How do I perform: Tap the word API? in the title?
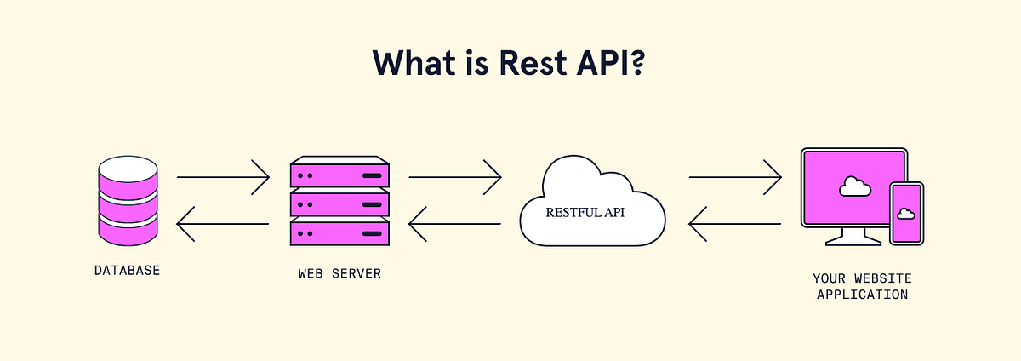(613, 64)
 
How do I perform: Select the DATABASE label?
(128, 272)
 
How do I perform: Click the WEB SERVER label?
(339, 274)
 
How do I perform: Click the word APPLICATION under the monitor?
(862, 295)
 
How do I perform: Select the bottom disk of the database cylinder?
(128, 228)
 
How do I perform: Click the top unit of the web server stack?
(339, 175)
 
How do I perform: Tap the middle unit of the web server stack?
(339, 203)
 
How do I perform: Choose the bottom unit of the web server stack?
(339, 232)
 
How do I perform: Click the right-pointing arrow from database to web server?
(223, 177)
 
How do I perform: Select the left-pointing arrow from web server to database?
(223, 224)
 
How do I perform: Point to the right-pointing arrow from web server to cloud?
(455, 177)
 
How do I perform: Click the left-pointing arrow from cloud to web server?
(455, 224)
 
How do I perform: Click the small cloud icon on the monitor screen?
(851, 186)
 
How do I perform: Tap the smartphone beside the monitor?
(906, 213)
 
